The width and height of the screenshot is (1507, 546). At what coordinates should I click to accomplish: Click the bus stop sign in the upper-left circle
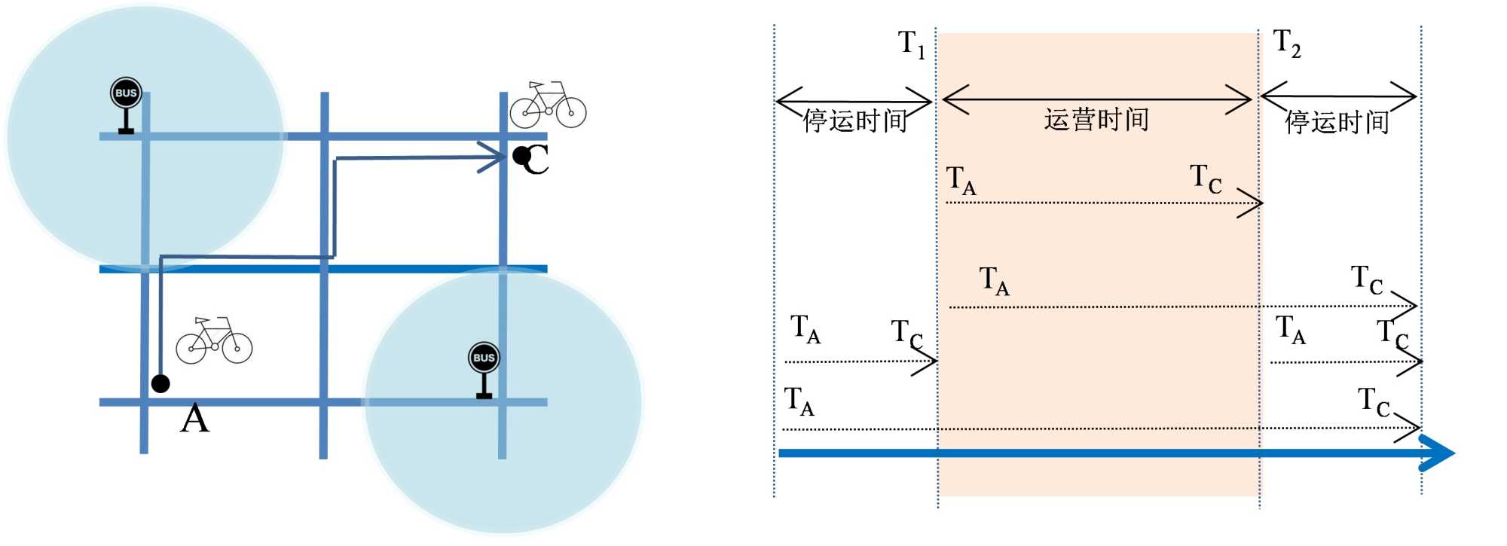point(126,105)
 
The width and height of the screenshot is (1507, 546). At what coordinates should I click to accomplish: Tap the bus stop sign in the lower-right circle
point(484,369)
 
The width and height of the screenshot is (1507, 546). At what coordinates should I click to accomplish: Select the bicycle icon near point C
point(548,105)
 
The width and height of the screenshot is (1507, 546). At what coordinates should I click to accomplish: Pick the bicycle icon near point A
point(214,340)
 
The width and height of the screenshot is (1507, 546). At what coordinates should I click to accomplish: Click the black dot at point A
point(160,383)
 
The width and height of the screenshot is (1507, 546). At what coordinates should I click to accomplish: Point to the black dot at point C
point(521,156)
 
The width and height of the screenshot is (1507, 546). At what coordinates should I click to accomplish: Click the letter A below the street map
point(194,419)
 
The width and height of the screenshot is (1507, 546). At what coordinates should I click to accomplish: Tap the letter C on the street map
point(537,160)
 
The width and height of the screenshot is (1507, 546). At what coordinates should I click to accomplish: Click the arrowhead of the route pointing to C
point(494,157)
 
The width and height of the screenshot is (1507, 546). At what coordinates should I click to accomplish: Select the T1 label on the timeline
point(912,44)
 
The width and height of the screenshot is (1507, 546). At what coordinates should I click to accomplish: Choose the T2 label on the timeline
point(1287,44)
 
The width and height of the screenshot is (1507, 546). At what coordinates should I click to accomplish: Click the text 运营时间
point(1096,120)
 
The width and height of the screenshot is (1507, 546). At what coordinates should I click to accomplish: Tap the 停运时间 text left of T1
point(854,120)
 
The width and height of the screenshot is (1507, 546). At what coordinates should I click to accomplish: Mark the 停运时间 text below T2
point(1337,122)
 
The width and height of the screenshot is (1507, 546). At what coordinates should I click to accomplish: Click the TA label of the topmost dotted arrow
point(961,181)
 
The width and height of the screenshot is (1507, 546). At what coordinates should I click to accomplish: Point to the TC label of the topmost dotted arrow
point(1206,179)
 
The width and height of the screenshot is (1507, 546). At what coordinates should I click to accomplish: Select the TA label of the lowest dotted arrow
point(799,401)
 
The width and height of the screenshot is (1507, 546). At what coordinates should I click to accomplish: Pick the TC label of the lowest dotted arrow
point(1373,402)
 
